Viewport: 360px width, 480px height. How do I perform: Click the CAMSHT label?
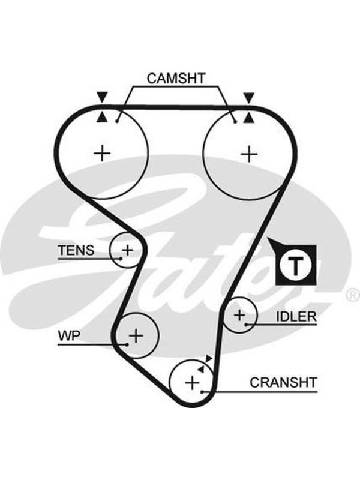coord(176,79)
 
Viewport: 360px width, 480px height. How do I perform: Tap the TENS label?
coord(76,250)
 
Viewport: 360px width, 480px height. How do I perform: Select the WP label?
coord(69,336)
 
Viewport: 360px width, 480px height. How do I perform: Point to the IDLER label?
coord(296,317)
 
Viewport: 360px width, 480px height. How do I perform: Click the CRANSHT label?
coord(283,382)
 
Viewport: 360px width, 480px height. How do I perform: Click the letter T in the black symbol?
coord(295,265)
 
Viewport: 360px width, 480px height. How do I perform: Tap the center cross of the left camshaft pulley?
coord(102,153)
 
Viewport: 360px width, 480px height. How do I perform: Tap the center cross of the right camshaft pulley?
coord(249,154)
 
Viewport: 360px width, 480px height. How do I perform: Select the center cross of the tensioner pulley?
coord(127,250)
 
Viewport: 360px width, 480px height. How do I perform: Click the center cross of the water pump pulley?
coord(136,336)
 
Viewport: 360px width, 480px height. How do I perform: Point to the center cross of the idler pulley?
coord(239,315)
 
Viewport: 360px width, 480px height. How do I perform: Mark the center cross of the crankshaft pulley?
coord(192,383)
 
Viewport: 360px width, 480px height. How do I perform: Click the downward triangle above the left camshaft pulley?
coord(102,97)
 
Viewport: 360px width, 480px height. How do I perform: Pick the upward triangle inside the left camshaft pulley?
coord(102,118)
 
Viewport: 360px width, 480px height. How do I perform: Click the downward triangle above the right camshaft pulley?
coord(248,97)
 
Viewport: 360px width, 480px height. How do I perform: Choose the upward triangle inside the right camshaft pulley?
coord(248,118)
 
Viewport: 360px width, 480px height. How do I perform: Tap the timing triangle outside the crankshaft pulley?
coord(209,358)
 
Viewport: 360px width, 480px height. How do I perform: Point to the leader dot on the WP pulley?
coord(127,344)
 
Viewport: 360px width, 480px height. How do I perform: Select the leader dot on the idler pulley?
coord(246,324)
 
